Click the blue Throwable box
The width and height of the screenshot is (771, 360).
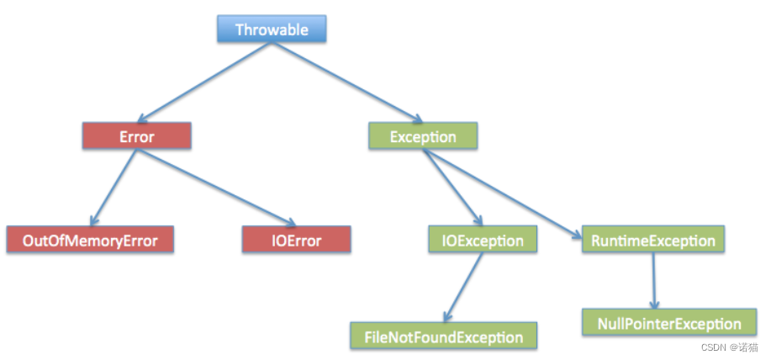[x=271, y=30]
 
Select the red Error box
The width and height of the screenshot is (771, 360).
[x=136, y=135]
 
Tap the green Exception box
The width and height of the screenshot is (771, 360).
[x=423, y=135]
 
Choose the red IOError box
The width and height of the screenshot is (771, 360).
[x=296, y=241]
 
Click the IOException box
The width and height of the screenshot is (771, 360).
[x=483, y=241]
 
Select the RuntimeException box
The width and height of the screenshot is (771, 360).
[x=652, y=241]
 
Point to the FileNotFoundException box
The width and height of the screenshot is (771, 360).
[x=444, y=337]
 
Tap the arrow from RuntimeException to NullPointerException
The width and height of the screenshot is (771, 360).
[x=655, y=280]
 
